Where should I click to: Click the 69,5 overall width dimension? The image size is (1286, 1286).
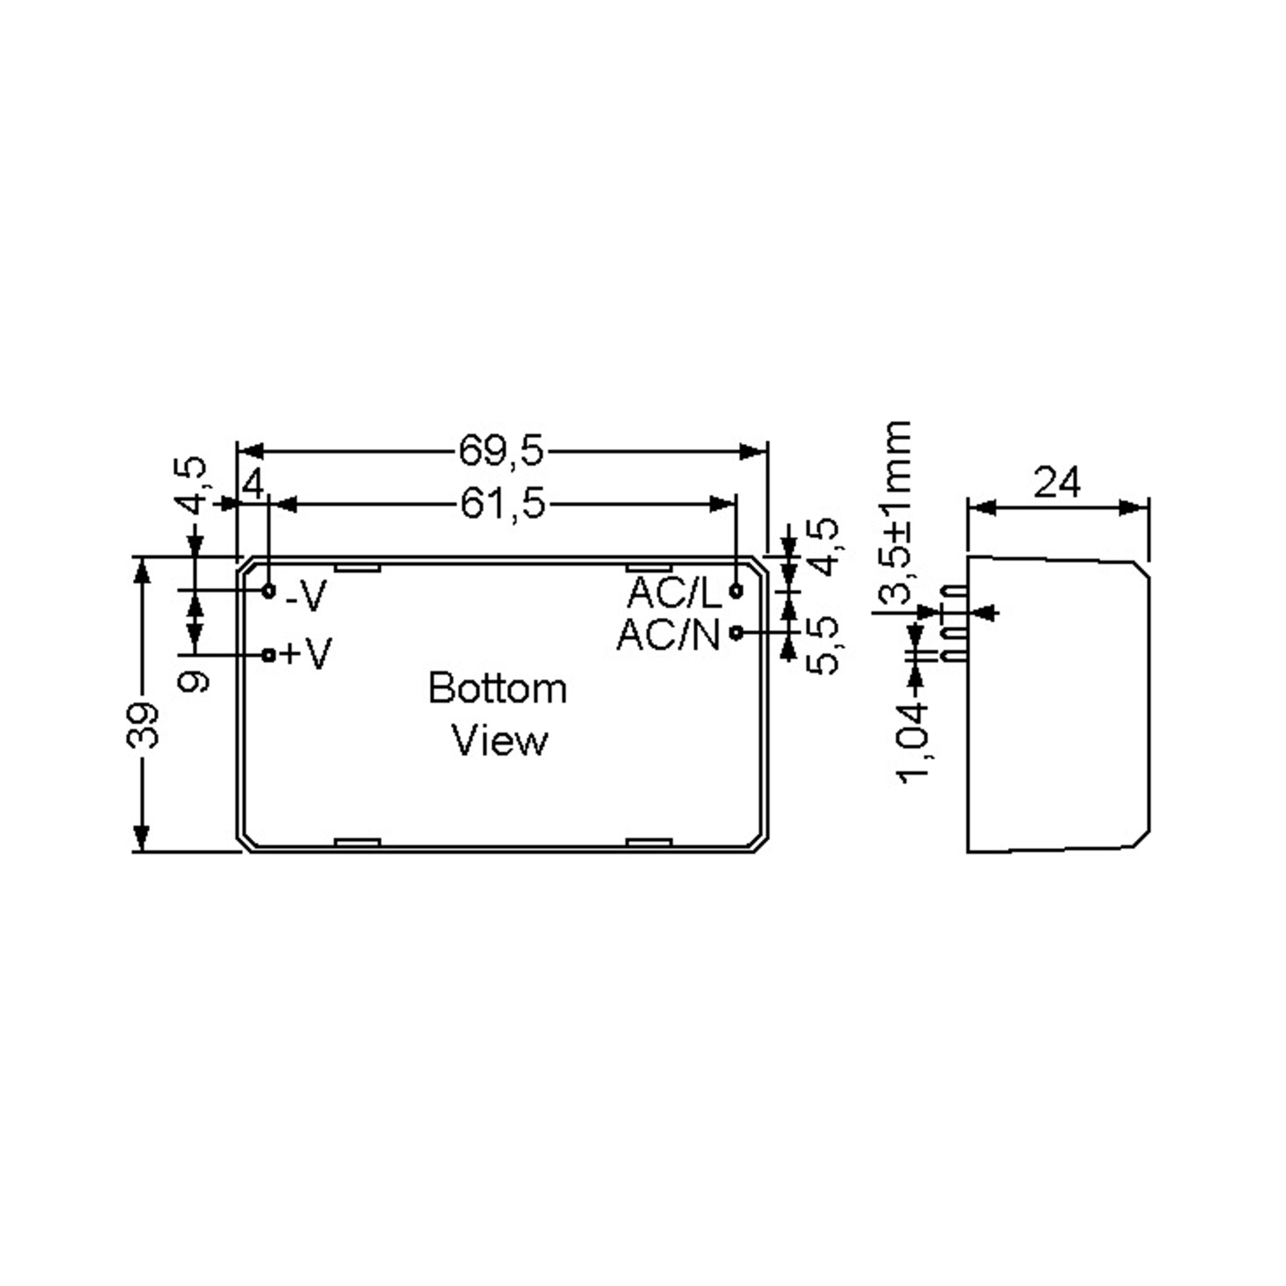tap(500, 451)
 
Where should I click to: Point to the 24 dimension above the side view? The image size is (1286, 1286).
tap(1057, 483)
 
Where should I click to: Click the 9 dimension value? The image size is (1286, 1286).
tap(195, 681)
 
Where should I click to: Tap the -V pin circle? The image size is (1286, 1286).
tap(269, 590)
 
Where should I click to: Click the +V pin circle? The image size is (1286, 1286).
tap(269, 655)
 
